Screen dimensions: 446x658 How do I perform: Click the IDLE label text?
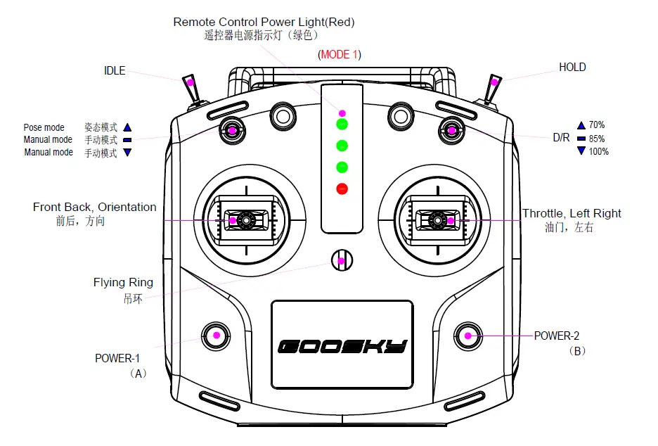[x=115, y=70]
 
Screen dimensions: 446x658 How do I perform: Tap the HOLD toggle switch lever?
[x=494, y=87]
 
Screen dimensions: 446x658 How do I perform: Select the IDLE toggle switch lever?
[x=190, y=87]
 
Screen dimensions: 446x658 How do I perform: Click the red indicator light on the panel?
[x=342, y=189]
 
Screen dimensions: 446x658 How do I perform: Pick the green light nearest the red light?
[x=342, y=167]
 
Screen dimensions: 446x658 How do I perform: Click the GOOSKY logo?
[x=342, y=346]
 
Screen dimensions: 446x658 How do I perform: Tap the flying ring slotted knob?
[x=342, y=261]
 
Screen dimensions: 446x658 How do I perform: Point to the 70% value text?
[x=597, y=125]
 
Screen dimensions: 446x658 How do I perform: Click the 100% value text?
[x=599, y=151]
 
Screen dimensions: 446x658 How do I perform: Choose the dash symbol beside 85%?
[x=581, y=139]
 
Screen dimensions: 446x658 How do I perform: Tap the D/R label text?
[x=561, y=138]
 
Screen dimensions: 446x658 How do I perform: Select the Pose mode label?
[x=44, y=127]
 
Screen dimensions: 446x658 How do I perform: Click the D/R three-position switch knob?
[x=451, y=130]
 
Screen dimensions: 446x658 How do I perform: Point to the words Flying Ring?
[x=123, y=283]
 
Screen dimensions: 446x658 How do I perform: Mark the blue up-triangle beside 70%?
[x=581, y=125]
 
